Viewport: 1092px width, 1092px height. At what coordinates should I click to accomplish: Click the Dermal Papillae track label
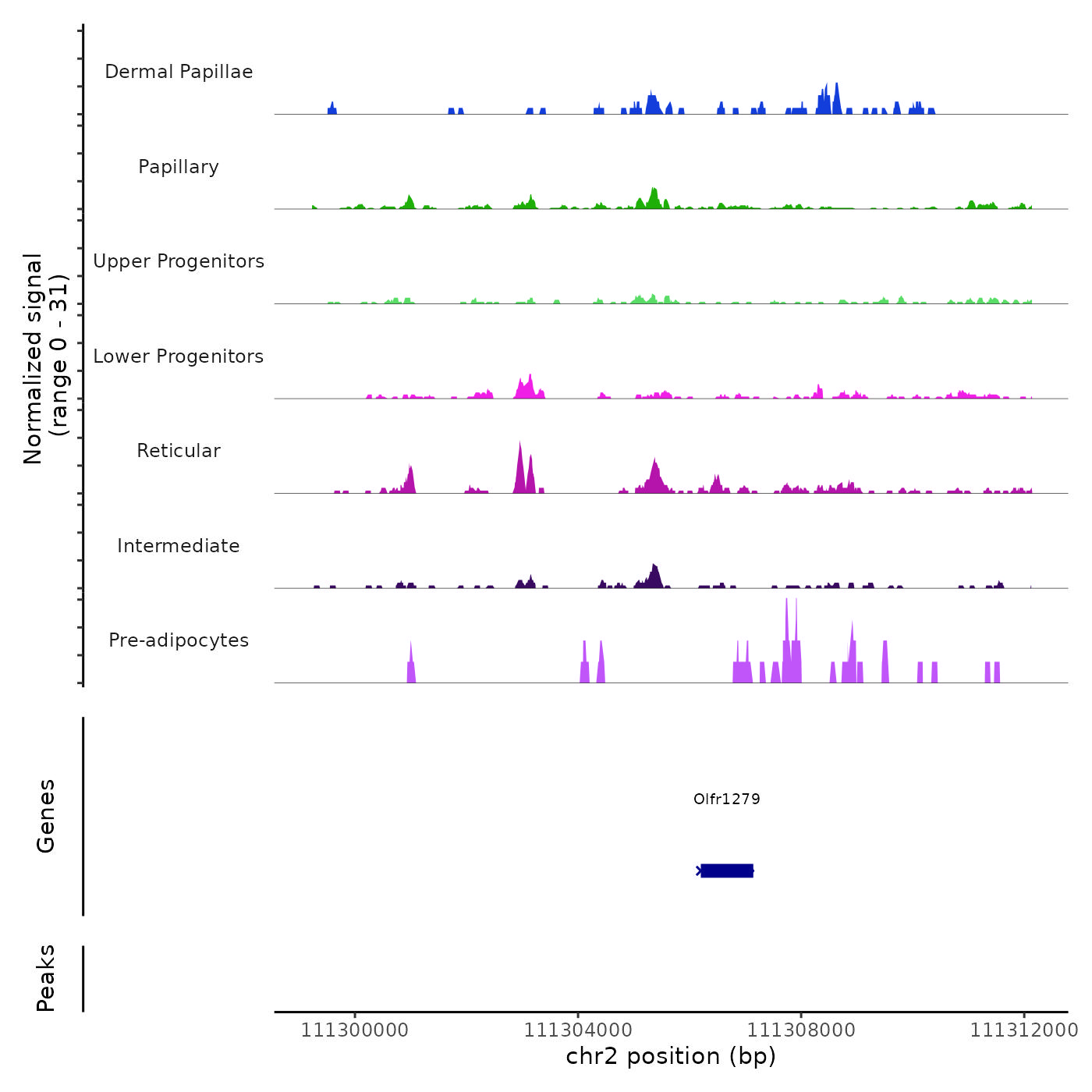click(179, 72)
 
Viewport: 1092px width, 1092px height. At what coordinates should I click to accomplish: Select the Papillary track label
click(179, 167)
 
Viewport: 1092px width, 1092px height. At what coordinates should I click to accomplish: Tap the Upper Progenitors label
click(179, 261)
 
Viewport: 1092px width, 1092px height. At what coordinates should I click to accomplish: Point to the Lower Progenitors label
click(179, 356)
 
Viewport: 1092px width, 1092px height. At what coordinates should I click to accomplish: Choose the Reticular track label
click(179, 451)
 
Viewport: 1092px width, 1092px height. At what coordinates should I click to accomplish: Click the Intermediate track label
click(179, 546)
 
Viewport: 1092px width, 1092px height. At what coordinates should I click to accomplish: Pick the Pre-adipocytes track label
click(179, 640)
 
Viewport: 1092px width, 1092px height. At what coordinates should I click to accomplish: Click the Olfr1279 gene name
click(726, 799)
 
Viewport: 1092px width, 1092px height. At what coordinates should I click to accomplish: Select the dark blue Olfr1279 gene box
click(727, 870)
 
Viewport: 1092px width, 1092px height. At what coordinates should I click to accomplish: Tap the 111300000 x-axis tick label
click(354, 1030)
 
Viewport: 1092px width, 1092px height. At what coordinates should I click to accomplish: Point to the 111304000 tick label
click(577, 1030)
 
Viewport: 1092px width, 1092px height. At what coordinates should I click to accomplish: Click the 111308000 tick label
click(801, 1030)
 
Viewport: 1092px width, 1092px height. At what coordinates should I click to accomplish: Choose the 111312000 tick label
click(1024, 1030)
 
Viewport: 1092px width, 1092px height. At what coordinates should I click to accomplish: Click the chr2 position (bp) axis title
click(671, 1056)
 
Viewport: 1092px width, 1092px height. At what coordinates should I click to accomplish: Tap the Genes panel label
click(46, 816)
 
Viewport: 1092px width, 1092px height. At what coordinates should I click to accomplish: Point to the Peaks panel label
click(46, 978)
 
